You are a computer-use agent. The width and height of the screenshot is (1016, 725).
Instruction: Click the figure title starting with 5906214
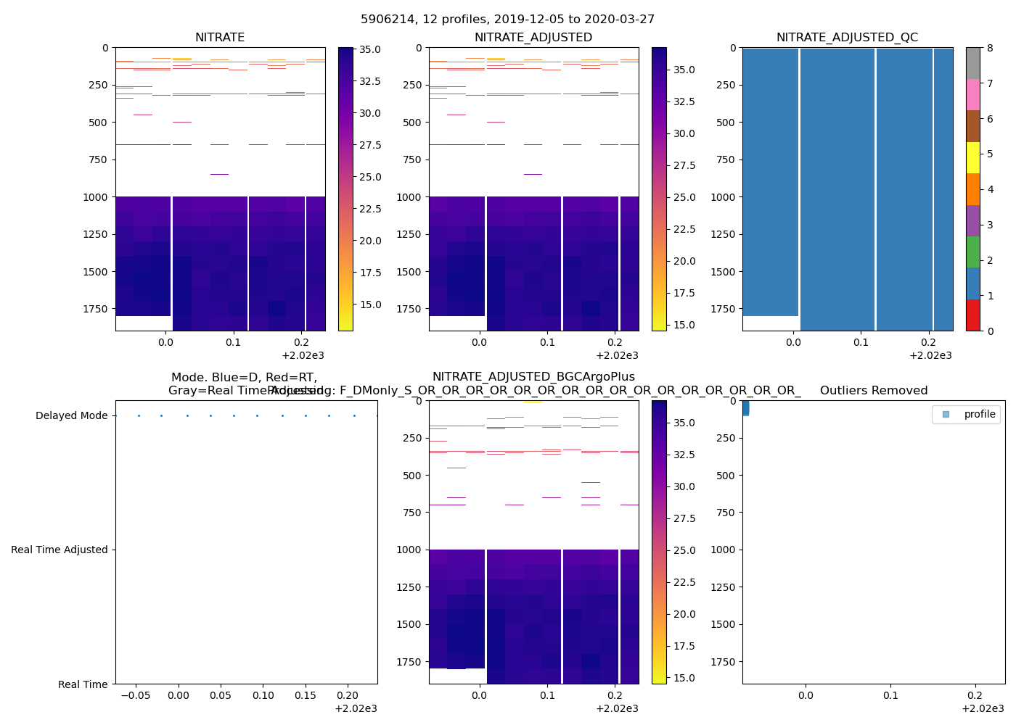(x=507, y=20)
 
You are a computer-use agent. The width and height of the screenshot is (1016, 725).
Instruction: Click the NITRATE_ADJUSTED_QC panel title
(x=847, y=38)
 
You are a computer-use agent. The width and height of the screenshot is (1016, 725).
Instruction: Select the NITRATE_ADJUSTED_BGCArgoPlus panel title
(x=533, y=377)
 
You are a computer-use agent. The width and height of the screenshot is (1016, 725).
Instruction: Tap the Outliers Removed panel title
(x=874, y=391)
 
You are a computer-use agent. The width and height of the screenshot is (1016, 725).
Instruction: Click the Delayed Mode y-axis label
(x=71, y=415)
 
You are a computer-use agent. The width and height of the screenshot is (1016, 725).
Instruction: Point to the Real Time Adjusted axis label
(x=60, y=550)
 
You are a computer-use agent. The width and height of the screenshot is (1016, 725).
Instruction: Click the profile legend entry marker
(x=946, y=415)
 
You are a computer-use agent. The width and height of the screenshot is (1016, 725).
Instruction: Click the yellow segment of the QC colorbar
(x=972, y=157)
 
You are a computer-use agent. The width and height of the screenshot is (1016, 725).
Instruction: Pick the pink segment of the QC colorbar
(x=972, y=94)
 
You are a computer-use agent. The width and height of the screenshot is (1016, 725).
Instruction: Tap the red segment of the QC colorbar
(x=972, y=315)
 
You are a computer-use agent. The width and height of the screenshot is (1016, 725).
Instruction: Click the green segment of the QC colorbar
(x=972, y=252)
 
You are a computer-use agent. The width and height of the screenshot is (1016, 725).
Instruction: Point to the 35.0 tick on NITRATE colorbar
(x=370, y=49)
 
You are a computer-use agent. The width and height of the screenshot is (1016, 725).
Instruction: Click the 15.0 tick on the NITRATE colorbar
(x=370, y=304)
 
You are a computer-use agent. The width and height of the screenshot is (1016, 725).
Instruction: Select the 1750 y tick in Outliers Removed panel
(x=723, y=662)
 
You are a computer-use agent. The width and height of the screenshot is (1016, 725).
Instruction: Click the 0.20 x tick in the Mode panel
(x=348, y=695)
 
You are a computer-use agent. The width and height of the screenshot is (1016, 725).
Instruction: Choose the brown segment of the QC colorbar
(x=972, y=126)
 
